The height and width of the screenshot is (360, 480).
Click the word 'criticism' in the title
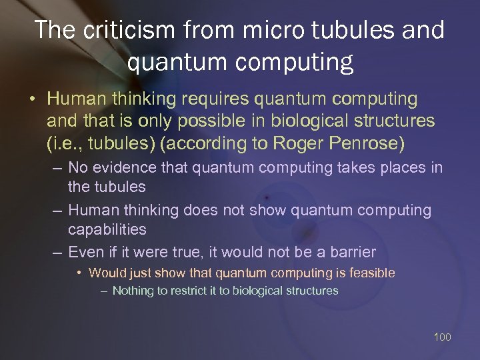(127, 30)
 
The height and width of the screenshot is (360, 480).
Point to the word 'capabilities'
(107, 229)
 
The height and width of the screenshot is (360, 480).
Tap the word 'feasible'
(371, 273)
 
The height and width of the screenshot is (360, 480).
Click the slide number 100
(442, 337)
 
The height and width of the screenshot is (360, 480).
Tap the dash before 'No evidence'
(57, 168)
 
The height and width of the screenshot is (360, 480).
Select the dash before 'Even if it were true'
(57, 253)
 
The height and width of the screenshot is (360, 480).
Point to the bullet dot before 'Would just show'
(80, 273)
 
